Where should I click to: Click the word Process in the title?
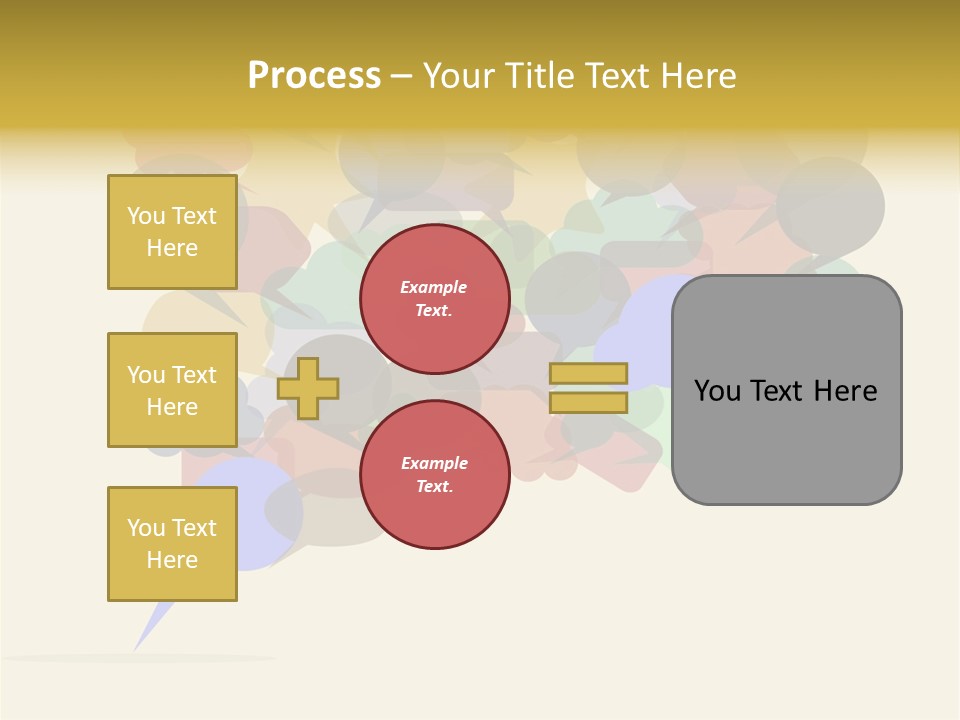[314, 76]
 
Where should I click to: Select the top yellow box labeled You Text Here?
[172, 232]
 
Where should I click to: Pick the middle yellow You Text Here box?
[172, 390]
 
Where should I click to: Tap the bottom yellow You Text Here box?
[172, 543]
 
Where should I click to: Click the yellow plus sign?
[308, 388]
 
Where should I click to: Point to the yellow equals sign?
[588, 388]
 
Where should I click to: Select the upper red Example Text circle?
[435, 299]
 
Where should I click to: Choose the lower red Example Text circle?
[435, 474]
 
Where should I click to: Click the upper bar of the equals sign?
[588, 373]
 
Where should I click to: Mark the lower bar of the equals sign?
[588, 402]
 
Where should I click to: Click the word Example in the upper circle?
[434, 288]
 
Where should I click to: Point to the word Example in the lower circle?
[434, 464]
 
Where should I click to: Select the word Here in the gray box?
[845, 391]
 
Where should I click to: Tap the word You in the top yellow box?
[145, 216]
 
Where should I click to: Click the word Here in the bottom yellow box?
[172, 560]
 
